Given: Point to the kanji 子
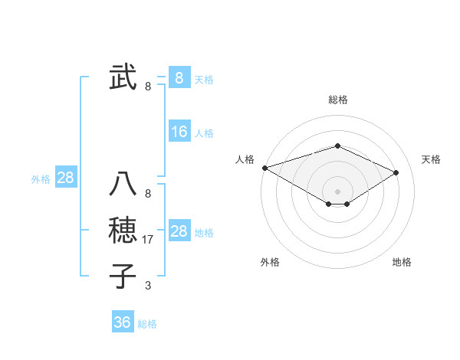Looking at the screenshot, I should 123,276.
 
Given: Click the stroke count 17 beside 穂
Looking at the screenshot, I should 149,240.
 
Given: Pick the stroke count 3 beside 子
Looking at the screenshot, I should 148,286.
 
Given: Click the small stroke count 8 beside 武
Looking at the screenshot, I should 148,87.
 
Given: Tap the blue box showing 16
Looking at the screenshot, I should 179,132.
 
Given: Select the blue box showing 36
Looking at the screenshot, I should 122,322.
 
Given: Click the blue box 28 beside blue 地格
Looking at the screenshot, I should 179,231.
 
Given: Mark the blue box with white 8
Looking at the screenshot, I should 179,77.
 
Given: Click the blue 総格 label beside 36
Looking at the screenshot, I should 147,324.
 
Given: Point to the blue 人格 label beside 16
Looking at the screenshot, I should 204,133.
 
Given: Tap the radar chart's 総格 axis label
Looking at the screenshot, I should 337,100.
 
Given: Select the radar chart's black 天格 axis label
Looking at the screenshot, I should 431,159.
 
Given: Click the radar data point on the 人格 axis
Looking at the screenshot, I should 264,167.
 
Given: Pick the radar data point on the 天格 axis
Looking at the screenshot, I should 396,172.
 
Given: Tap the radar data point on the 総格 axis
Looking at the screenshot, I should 337,146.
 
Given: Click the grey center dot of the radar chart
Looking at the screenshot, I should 337,191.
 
